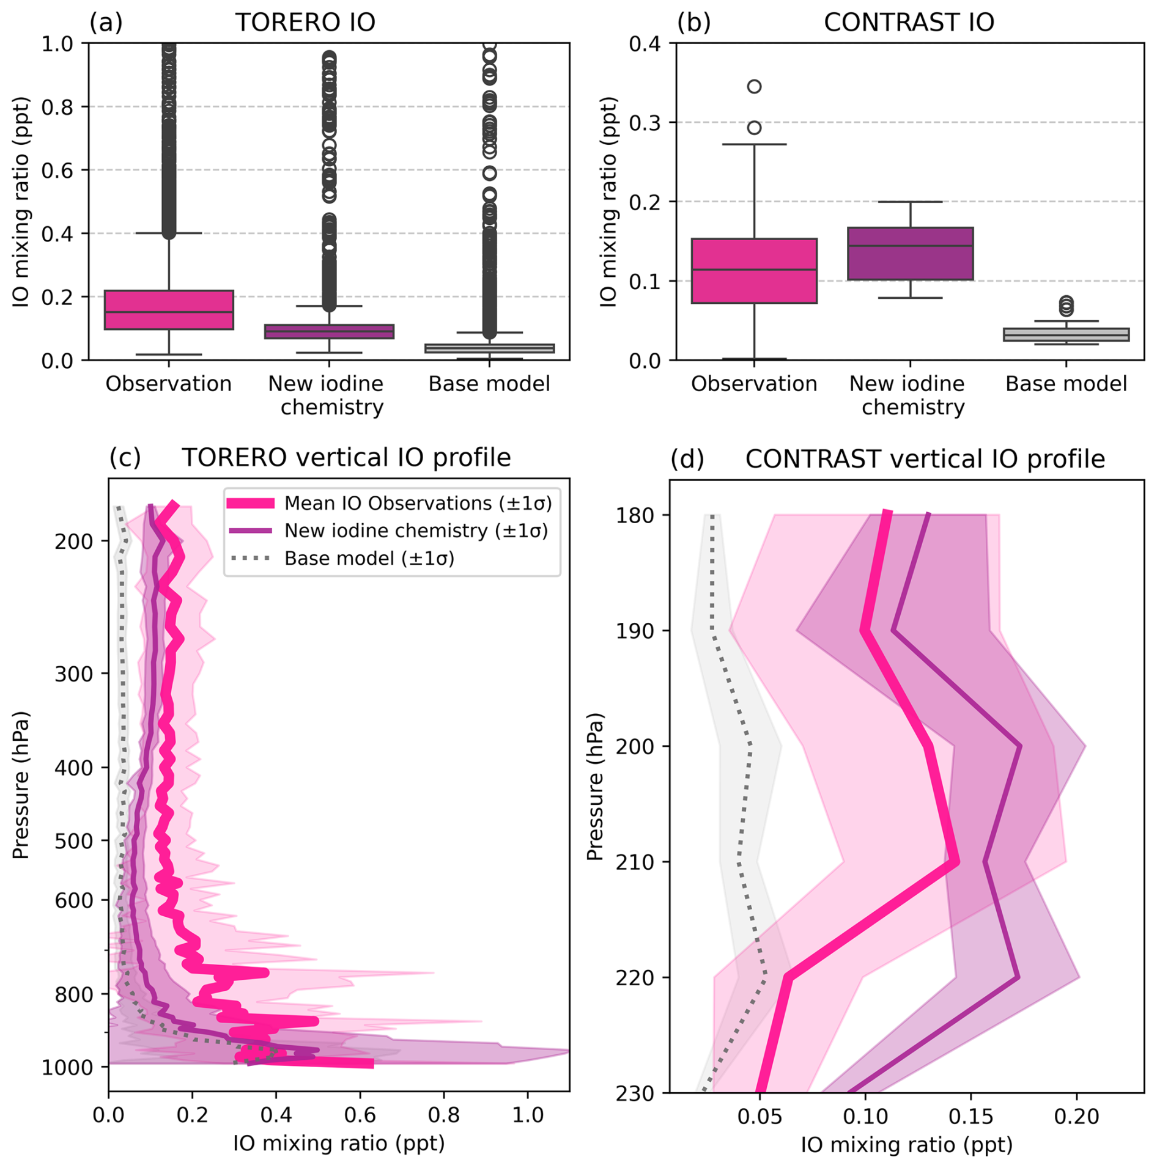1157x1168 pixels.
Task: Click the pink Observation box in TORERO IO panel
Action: [x=169, y=309]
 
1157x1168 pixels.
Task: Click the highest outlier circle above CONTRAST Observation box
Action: [x=754, y=86]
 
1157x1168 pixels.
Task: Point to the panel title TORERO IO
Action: [x=305, y=23]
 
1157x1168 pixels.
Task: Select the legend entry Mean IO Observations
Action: [x=417, y=503]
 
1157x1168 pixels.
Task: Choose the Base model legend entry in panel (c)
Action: [x=369, y=558]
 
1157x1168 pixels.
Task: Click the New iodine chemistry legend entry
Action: [x=416, y=531]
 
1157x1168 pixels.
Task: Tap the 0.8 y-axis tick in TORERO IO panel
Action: [x=57, y=107]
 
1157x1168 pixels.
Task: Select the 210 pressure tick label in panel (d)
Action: [x=635, y=862]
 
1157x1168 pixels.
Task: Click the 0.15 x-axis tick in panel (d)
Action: [x=970, y=1116]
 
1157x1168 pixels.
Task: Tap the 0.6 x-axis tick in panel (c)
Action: [x=360, y=1115]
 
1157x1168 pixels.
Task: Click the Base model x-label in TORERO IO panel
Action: [x=489, y=384]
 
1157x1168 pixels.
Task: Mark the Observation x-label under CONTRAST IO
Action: [x=753, y=384]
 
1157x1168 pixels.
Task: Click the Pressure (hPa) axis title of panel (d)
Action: [x=595, y=787]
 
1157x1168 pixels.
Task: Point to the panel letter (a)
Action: [x=106, y=23]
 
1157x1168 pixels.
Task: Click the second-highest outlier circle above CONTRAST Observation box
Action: [x=754, y=128]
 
